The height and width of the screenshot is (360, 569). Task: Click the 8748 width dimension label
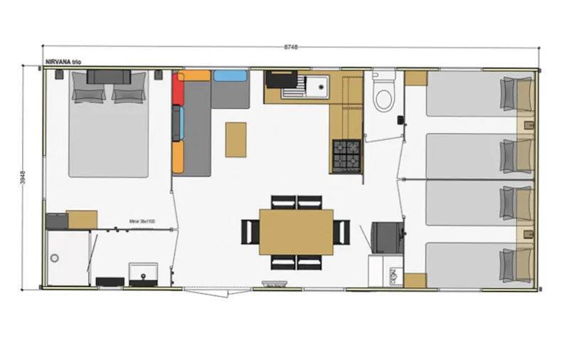pos(290,46)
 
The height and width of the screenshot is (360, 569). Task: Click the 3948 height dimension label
pos(23,177)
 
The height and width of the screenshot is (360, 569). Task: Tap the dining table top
pos(296,231)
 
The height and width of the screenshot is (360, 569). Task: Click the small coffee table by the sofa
pos(236,139)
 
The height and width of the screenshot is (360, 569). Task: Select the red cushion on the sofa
pos(178,89)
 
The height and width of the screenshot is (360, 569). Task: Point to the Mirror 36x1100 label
pos(142,222)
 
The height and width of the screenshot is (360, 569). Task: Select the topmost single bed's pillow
pos(509,93)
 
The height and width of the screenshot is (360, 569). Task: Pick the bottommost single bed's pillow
pos(509,263)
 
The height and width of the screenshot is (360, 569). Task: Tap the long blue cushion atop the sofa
pos(230,75)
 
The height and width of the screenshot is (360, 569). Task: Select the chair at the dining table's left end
pos(250,231)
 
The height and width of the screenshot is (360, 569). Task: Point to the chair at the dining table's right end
pos(341,231)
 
